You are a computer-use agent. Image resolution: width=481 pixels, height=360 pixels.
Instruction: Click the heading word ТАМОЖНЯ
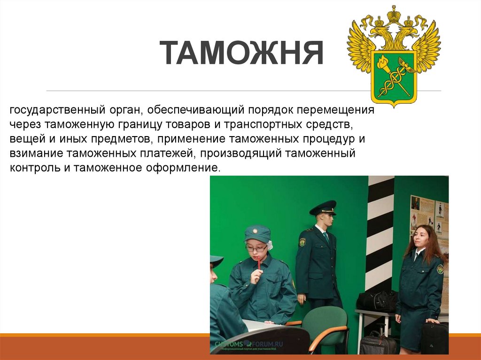241,54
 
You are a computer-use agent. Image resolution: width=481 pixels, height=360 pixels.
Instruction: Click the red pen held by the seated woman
258,261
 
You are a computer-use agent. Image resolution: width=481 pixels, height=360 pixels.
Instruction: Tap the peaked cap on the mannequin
323,207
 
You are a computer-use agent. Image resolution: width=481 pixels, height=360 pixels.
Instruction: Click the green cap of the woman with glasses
258,233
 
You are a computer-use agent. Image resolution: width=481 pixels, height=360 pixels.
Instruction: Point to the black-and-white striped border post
380,235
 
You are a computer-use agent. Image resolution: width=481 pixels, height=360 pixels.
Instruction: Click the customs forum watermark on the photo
247,344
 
